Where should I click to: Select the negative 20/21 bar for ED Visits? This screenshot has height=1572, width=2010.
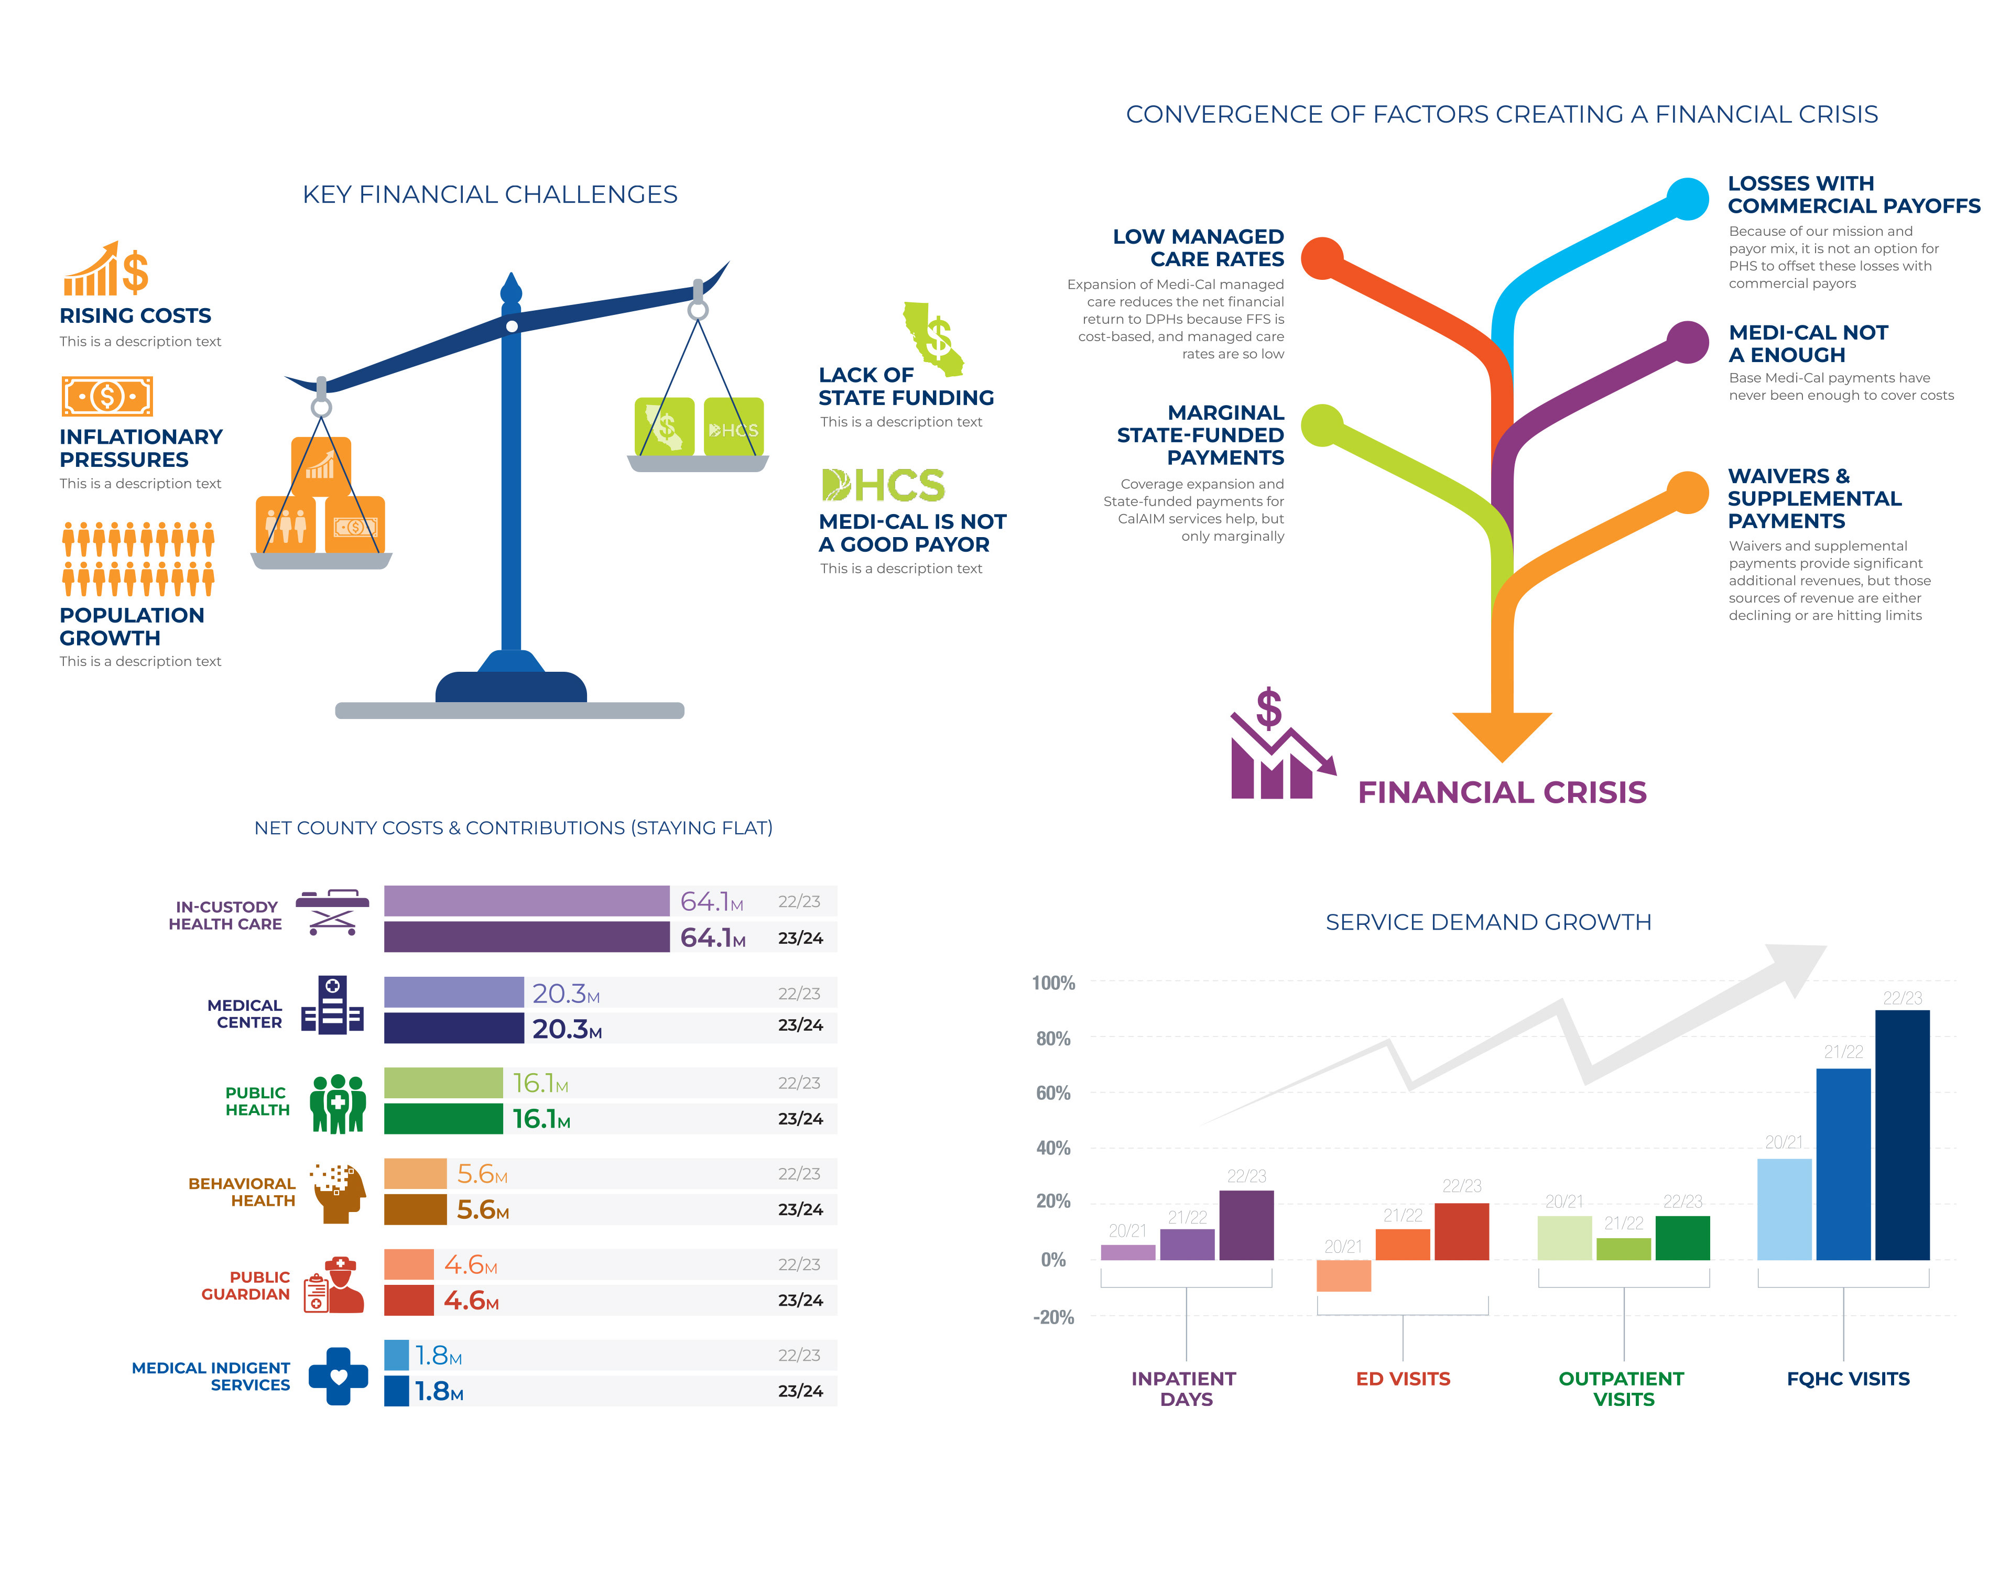pos(1344,1275)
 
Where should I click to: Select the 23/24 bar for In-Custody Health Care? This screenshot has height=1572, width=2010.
pos(526,937)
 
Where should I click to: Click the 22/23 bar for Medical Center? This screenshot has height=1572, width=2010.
pos(454,992)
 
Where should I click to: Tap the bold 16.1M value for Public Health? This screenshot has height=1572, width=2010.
pos(541,1119)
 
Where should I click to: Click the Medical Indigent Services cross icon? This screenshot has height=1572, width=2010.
pos(338,1376)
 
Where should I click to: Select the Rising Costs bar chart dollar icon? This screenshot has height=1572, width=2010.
pos(106,270)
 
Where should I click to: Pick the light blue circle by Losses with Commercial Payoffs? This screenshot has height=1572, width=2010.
pos(1688,199)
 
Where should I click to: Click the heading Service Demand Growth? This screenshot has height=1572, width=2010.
pos(1488,922)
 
